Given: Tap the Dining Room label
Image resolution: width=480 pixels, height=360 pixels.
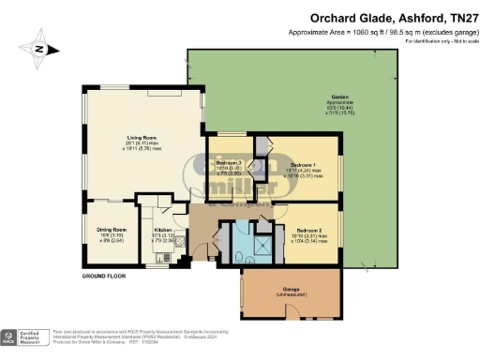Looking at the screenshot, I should [111, 228].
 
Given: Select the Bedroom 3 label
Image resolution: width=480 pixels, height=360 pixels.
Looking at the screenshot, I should [229, 164].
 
